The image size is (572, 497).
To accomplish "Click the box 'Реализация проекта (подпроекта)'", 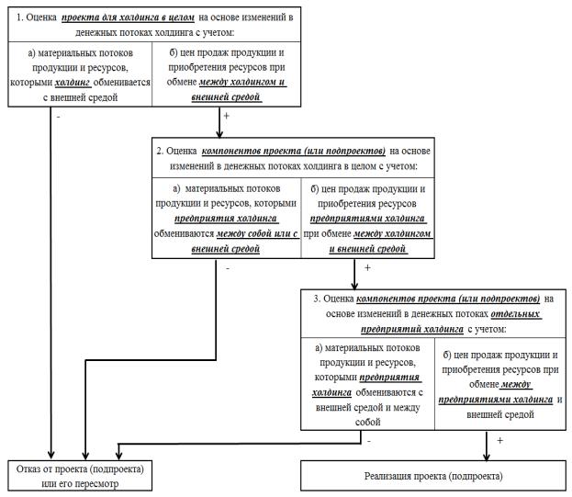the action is [433, 476].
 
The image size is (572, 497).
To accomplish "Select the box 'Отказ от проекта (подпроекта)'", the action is [80, 476].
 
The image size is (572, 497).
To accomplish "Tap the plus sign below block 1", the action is [226, 116].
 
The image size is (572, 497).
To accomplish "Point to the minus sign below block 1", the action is [59, 118].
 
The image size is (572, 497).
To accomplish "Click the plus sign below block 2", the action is [367, 268].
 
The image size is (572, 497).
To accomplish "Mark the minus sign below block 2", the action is [228, 269].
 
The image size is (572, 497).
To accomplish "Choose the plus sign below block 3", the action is [499, 441].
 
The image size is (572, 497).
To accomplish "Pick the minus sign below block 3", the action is [369, 442].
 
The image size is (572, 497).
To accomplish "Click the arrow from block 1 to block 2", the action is [219, 122].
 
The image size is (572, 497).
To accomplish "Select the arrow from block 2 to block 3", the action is [354, 274].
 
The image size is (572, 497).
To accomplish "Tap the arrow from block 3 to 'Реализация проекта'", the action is [487, 446].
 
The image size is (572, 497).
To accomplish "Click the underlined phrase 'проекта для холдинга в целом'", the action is [128, 17].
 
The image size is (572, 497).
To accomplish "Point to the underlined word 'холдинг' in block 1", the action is [73, 83].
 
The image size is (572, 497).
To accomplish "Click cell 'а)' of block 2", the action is [227, 219].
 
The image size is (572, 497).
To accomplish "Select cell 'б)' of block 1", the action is [227, 74].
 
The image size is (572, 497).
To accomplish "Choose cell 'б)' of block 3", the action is [500, 384].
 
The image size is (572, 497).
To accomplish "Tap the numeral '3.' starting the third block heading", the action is [317, 299].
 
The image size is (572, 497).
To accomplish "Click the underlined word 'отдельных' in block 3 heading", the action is [515, 314].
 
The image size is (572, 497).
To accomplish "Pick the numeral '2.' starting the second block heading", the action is [160, 151].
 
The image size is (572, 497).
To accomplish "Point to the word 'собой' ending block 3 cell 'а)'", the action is [367, 423].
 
